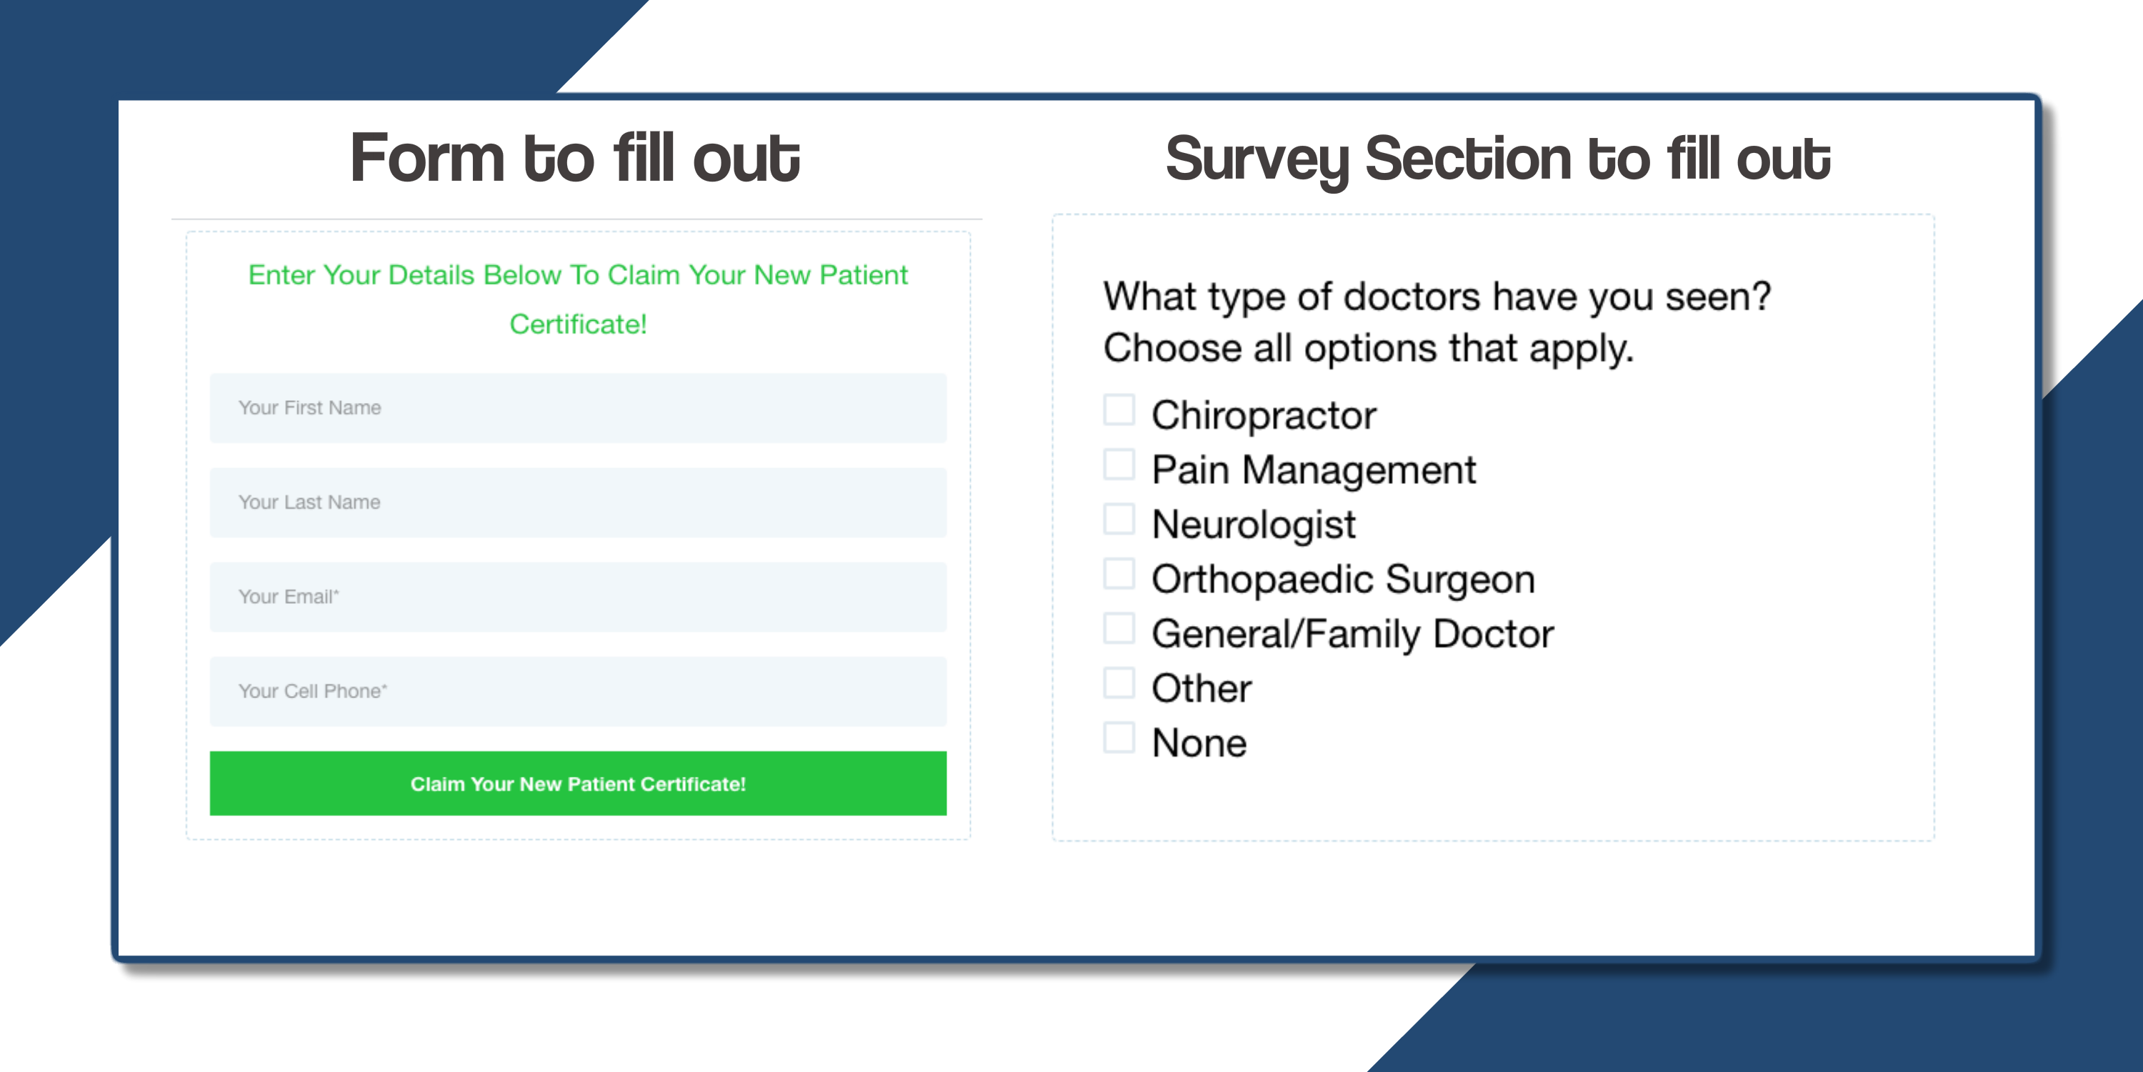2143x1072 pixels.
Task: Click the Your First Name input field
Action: click(x=578, y=408)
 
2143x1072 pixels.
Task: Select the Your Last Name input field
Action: click(x=578, y=502)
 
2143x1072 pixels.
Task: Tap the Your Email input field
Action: click(x=578, y=597)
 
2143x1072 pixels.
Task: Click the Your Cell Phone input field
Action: click(x=578, y=691)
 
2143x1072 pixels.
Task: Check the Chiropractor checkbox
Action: click(x=1119, y=410)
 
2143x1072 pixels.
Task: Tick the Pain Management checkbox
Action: click(x=1119, y=465)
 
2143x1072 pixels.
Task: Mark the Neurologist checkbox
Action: click(x=1119, y=519)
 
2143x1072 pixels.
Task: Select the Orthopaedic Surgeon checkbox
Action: click(x=1119, y=573)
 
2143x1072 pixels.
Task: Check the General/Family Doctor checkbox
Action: click(x=1119, y=628)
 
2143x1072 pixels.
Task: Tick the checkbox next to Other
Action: click(x=1119, y=683)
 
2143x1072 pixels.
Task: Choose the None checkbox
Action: click(x=1119, y=738)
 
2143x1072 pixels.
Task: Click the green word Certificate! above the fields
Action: click(x=578, y=324)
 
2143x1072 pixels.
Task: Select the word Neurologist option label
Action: click(x=1254, y=525)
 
